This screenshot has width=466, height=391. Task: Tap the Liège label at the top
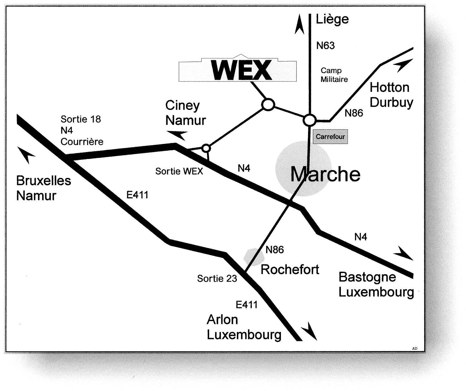point(332,19)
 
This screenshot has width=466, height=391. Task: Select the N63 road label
point(325,46)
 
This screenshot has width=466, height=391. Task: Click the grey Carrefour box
point(330,137)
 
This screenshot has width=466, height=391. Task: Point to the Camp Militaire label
point(334,75)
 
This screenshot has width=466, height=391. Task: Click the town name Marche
point(325,174)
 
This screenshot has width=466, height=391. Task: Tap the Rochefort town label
point(290,269)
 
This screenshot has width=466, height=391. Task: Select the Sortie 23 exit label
point(217,278)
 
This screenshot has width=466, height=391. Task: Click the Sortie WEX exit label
point(179,171)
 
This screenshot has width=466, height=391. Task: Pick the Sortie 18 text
point(81,119)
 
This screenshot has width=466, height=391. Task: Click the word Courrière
point(82,141)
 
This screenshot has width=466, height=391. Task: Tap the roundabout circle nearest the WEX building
point(268,105)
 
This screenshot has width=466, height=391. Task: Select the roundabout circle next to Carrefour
point(310,120)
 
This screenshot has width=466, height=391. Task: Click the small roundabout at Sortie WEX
point(206,148)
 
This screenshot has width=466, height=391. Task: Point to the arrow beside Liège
point(299,25)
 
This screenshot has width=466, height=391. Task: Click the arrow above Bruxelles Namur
point(27,155)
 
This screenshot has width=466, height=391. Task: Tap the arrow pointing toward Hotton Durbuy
point(402,66)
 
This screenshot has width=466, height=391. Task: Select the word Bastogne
point(367,277)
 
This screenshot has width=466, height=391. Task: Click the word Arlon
point(222,320)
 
